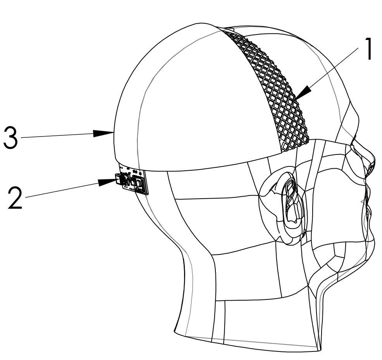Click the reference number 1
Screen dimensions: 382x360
pos(368,49)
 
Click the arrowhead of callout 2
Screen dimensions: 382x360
pos(107,182)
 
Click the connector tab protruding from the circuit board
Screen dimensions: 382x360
pos(119,179)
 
